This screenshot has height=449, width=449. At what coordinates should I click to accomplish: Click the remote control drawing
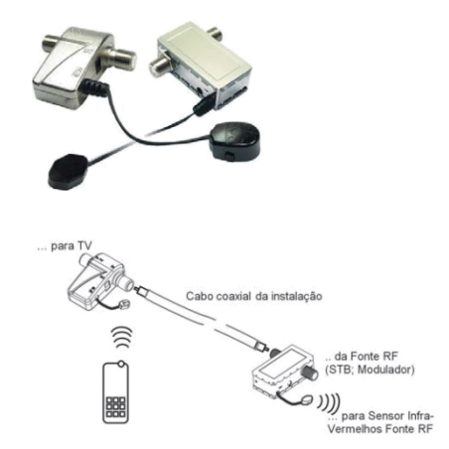pyautogui.click(x=115, y=392)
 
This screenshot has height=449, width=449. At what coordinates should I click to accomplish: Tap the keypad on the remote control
pyautogui.click(x=115, y=407)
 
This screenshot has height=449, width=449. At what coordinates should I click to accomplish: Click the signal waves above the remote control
pyautogui.click(x=122, y=337)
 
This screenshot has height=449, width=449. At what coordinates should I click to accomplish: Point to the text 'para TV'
pyautogui.click(x=72, y=246)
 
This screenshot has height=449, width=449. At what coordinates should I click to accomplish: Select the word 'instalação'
pyautogui.click(x=296, y=296)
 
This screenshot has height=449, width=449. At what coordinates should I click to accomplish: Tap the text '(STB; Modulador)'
pyautogui.click(x=370, y=370)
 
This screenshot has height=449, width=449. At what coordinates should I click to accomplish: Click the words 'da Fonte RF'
pyautogui.click(x=366, y=357)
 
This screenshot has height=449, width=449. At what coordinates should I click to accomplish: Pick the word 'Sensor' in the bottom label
pyautogui.click(x=386, y=416)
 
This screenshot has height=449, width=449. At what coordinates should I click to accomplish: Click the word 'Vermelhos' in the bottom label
pyautogui.click(x=354, y=429)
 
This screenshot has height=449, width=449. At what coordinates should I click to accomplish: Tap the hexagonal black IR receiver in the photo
pyautogui.click(x=69, y=171)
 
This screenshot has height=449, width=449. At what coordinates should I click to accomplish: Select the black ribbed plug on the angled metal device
pyautogui.click(x=95, y=87)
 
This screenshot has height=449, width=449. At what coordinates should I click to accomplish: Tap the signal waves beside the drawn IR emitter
pyautogui.click(x=330, y=401)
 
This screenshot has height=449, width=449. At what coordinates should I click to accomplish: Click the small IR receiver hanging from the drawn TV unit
pyautogui.click(x=124, y=304)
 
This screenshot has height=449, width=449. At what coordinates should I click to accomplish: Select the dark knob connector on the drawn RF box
pyautogui.click(x=310, y=373)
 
